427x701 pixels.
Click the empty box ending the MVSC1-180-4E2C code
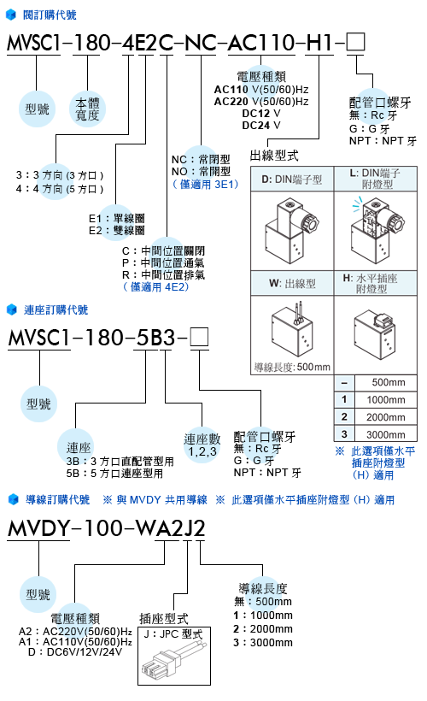tap(355, 42)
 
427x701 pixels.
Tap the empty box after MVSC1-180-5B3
tap(199, 337)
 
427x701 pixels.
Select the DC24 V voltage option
tap(261, 125)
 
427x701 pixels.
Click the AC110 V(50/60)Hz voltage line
tap(261, 90)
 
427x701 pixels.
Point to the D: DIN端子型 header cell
tap(292, 180)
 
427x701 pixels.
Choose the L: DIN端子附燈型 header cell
tap(375, 179)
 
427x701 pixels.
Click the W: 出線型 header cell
tap(292, 284)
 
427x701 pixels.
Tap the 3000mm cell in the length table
tap(386, 434)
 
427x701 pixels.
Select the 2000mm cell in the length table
tap(386, 416)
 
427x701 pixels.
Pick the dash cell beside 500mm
tap(344, 383)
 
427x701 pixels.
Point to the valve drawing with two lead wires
tap(293, 328)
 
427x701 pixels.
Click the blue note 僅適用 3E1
tap(206, 184)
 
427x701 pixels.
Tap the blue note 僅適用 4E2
tap(156, 286)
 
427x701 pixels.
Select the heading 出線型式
tap(274, 155)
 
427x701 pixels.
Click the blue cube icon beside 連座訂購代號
tap(12, 309)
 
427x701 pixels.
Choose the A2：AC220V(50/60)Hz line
tap(75, 631)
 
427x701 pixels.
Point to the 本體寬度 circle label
tap(88, 109)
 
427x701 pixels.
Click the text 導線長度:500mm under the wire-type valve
tap(292, 367)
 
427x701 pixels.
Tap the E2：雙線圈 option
tap(117, 230)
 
